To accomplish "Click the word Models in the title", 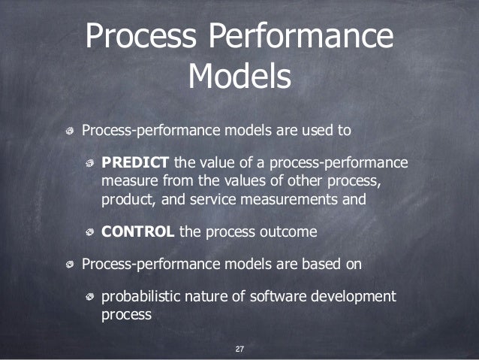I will tap(239, 76).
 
